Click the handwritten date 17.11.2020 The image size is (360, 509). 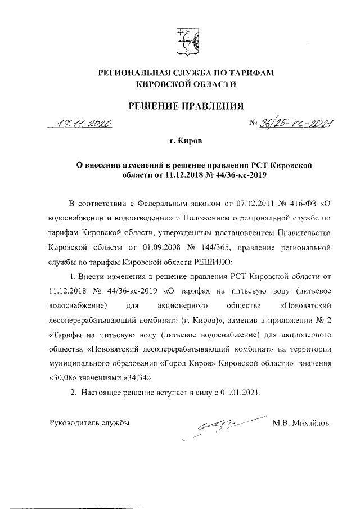coord(86,123)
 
